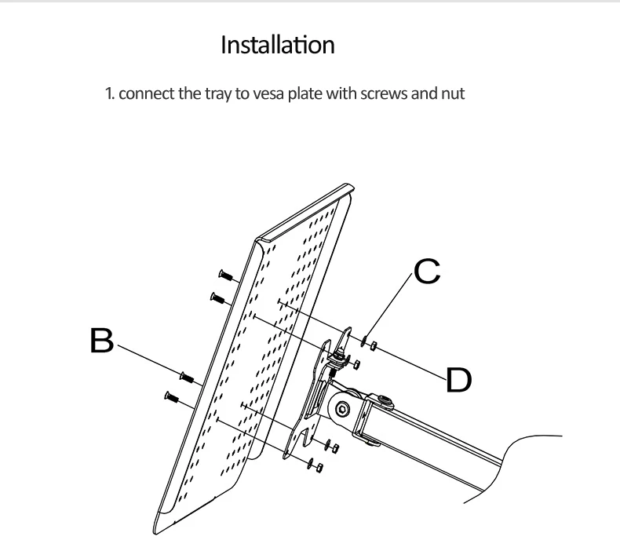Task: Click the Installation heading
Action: tap(278, 44)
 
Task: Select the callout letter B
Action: tap(101, 340)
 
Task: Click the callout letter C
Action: tap(427, 272)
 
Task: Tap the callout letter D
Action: tap(458, 380)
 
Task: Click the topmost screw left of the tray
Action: tap(226, 275)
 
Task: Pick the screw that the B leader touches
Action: tap(187, 377)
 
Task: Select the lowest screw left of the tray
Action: tap(172, 396)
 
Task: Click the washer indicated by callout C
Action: tap(364, 341)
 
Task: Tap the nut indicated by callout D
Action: tap(374, 346)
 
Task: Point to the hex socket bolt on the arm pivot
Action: tap(341, 409)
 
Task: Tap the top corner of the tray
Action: tap(347, 184)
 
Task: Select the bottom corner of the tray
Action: tap(155, 533)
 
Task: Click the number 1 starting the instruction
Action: tap(109, 94)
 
